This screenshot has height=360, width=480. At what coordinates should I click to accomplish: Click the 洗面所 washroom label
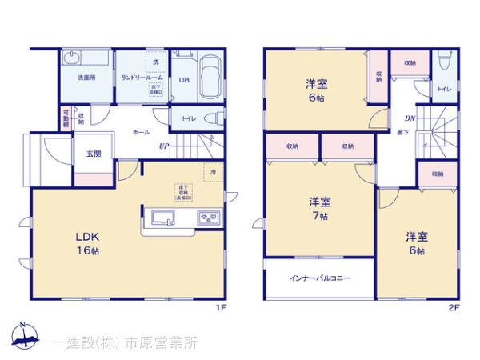pyautogui.click(x=86, y=78)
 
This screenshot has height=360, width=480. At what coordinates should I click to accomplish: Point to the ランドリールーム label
pyautogui.click(x=138, y=78)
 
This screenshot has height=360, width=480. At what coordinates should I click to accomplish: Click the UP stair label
pyautogui.click(x=163, y=146)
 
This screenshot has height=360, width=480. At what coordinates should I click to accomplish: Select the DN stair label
pyautogui.click(x=409, y=120)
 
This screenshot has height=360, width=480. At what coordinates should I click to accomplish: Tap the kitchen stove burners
pyautogui.click(x=209, y=216)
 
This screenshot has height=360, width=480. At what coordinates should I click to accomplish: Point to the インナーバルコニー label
pyautogui.click(x=319, y=279)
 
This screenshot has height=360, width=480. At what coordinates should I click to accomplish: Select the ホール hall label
pyautogui.click(x=140, y=130)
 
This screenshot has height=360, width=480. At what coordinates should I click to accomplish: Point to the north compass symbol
pyautogui.click(x=24, y=338)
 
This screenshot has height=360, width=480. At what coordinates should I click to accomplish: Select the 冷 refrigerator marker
pyautogui.click(x=213, y=171)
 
